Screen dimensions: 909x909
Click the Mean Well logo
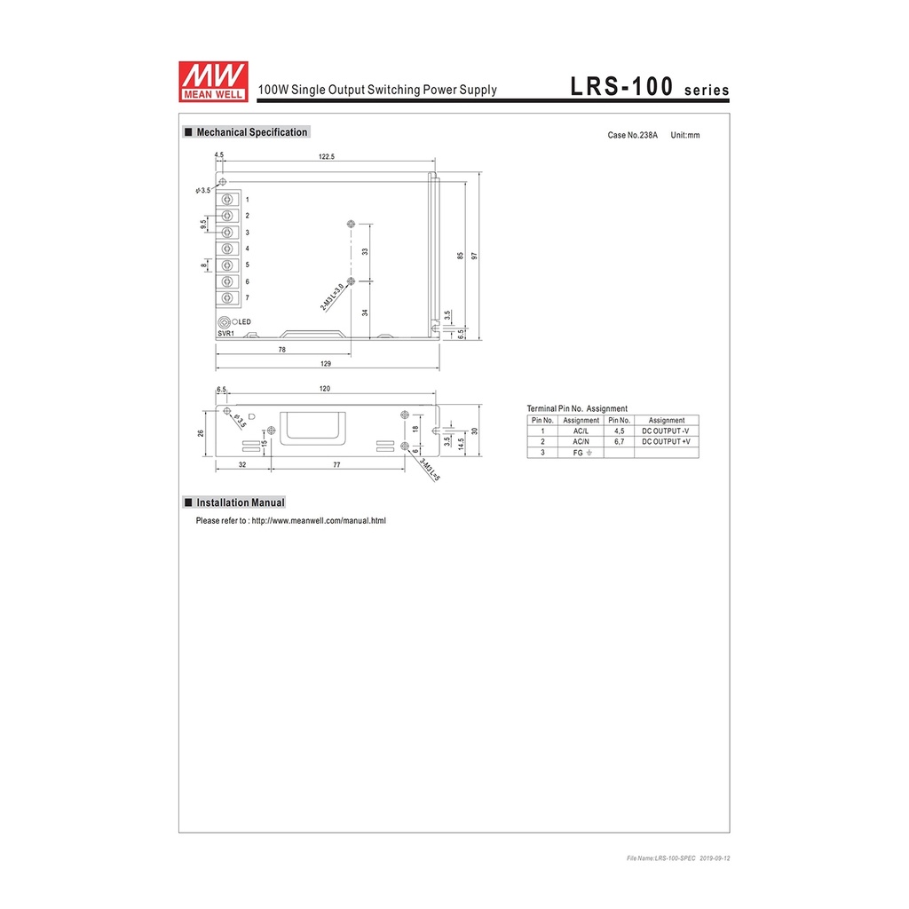pyautogui.click(x=213, y=82)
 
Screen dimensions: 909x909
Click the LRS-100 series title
pyautogui.click(x=649, y=87)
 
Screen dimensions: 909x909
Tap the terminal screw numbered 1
pyautogui.click(x=228, y=200)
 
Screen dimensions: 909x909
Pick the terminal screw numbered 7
pyautogui.click(x=228, y=298)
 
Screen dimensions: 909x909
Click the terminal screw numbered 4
pyautogui.click(x=228, y=249)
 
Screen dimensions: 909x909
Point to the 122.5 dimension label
pyautogui.click(x=327, y=156)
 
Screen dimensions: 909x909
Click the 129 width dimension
pyautogui.click(x=326, y=363)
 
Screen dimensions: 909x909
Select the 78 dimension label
pyautogui.click(x=281, y=350)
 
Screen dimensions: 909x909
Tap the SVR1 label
pyautogui.click(x=226, y=334)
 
